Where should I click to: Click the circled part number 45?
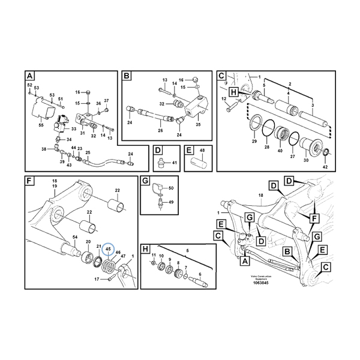(109, 248)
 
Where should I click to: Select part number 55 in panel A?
(41, 125)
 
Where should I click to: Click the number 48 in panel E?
(202, 150)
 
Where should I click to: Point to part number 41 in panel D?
(174, 163)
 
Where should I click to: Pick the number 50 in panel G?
(171, 188)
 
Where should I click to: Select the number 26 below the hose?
(160, 131)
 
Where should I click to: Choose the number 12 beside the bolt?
(223, 98)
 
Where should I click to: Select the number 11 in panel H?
(153, 256)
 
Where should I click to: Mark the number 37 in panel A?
(107, 100)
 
